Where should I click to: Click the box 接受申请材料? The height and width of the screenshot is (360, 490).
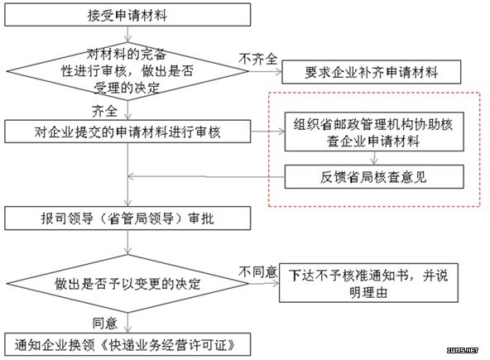127,15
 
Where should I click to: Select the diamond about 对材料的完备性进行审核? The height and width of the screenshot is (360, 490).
127,71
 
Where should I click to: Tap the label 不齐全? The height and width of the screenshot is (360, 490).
257,59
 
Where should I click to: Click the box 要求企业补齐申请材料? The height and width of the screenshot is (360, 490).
372,72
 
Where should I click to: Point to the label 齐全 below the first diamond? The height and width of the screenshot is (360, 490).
104,111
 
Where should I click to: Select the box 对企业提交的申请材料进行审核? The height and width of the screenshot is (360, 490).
127,132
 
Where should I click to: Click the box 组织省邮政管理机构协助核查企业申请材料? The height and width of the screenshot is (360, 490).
374,132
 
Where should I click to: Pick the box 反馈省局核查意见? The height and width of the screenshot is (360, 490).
374,177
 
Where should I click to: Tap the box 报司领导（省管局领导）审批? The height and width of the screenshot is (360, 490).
127,218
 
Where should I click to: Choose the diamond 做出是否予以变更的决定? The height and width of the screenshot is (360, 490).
127,284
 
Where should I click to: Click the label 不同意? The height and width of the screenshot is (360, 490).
257,272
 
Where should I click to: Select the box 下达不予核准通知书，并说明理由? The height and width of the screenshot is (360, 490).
369,283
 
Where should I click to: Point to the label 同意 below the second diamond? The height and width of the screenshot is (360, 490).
104,323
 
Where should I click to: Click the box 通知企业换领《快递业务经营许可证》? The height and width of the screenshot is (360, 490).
127,344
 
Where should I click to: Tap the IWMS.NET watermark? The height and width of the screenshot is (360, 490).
463,350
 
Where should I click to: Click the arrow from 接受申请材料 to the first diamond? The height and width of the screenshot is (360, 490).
127,34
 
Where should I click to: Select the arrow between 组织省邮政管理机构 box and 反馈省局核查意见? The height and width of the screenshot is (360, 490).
374,158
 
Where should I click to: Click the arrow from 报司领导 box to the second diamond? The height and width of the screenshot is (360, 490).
127,242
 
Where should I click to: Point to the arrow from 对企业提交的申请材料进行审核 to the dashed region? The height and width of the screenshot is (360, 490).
267,132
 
